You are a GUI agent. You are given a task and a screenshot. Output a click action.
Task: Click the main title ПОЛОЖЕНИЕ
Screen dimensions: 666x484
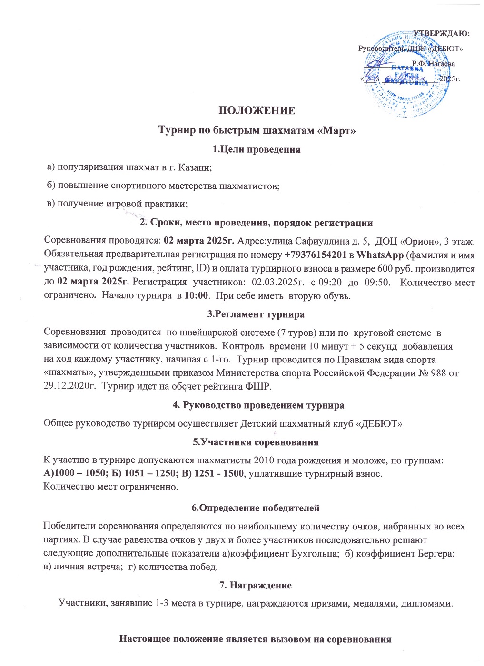257,111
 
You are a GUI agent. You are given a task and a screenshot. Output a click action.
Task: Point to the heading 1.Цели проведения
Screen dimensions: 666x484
257,149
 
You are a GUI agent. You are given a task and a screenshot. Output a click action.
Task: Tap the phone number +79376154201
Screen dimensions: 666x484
316,255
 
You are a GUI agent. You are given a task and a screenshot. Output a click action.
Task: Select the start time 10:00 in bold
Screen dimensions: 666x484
196,295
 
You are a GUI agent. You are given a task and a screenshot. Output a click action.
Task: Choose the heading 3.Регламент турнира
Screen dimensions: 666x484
256,314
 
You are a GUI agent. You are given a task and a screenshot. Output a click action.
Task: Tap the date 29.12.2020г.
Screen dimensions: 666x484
66,386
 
